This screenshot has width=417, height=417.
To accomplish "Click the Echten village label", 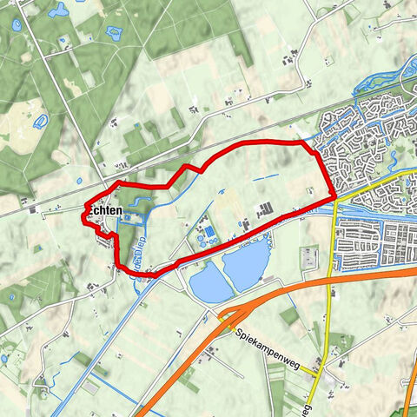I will pyautogui.click(x=104, y=211).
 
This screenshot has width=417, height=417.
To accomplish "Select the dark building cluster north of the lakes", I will pyautogui.click(x=265, y=208).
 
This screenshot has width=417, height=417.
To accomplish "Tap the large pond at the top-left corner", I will pyautogui.click(x=58, y=11).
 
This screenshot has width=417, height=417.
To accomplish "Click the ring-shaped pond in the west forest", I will pyautogui.click(x=40, y=119).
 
